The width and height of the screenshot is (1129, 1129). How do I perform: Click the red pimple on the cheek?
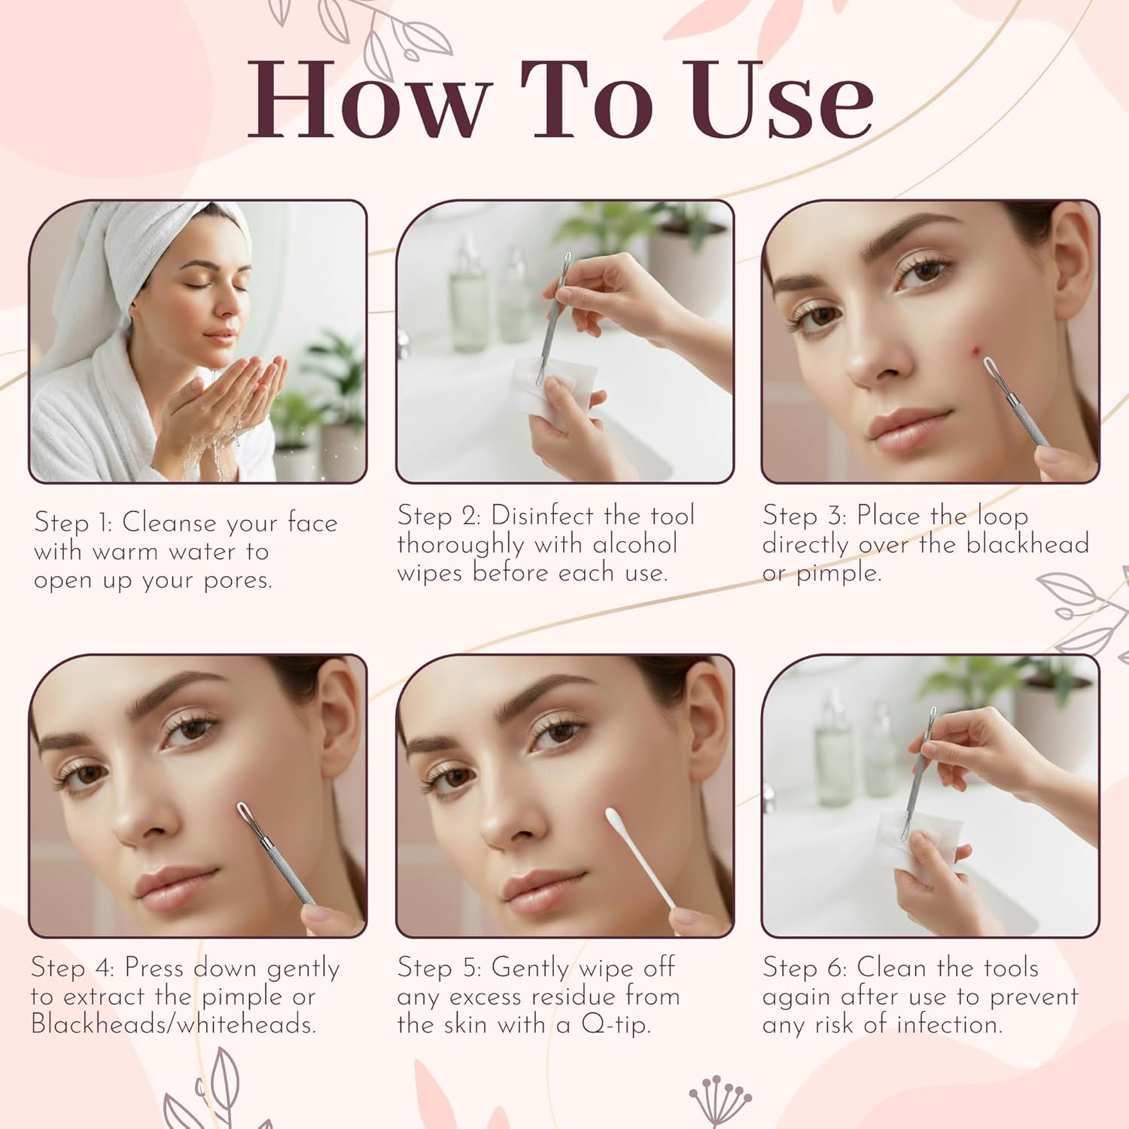[x=976, y=350]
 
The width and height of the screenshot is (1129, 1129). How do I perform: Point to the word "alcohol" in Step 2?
[x=635, y=544]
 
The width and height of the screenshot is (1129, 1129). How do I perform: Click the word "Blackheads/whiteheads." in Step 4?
[x=173, y=1024]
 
